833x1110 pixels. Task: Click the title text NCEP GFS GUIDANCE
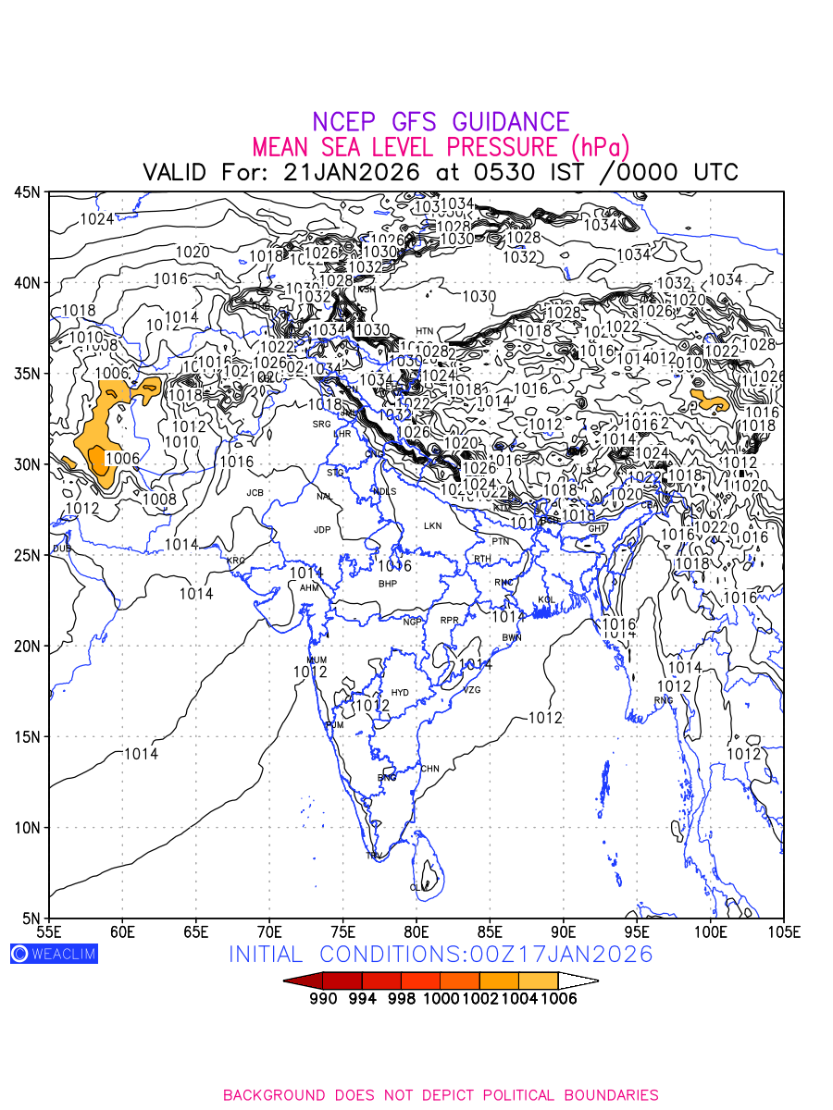pos(441,122)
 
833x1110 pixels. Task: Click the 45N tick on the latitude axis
pos(27,192)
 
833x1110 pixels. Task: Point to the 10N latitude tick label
pos(27,828)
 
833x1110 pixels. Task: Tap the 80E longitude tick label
pos(416,930)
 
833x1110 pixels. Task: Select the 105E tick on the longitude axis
pos(783,930)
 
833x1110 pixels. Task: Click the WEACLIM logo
pos(54,954)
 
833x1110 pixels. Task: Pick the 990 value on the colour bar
pos(323,998)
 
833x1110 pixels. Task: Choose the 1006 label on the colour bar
pos(558,998)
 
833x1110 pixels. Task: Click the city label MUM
pos(317,660)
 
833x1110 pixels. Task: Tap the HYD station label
pos(400,693)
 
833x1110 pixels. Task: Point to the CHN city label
pos(430,769)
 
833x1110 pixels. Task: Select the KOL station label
pos(546,600)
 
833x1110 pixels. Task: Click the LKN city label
pos(432,526)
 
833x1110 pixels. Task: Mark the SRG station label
pos(321,425)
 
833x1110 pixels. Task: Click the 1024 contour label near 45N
pos(96,219)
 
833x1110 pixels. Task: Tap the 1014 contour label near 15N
pos(141,754)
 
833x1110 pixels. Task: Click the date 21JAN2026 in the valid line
pos(352,172)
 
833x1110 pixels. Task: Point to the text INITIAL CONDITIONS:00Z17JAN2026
pos(441,954)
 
